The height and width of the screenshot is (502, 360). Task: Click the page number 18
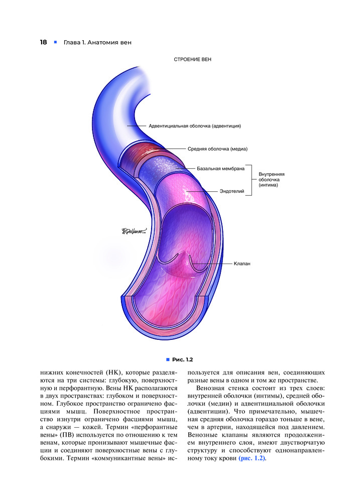pos(44,42)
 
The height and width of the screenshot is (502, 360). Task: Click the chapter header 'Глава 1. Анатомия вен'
pos(97,42)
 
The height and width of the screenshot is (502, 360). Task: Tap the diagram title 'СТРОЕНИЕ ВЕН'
pos(193,60)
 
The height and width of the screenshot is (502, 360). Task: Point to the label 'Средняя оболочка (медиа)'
pos(218,149)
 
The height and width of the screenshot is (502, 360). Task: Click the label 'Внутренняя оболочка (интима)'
pos(272,179)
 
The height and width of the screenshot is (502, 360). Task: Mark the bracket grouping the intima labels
pos(250,180)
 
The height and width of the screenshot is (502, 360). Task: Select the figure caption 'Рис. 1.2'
pos(183,359)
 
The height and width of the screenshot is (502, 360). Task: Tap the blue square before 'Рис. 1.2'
pos(168,359)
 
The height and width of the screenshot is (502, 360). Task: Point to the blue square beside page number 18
pos(55,42)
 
